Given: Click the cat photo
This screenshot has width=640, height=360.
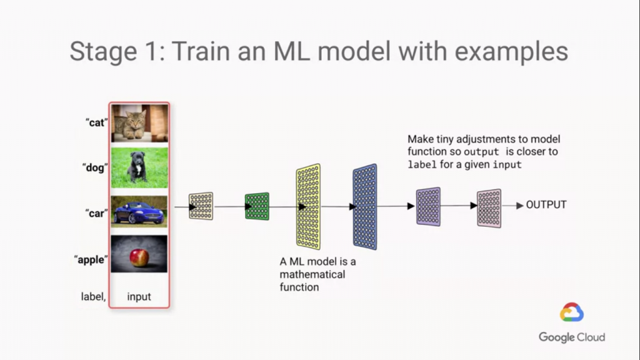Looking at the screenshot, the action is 139,123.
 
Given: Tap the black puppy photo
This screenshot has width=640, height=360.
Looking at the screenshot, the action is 139,167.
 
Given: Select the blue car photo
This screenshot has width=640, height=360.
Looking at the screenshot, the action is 139,212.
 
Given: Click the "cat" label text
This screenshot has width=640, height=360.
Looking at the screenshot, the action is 96,122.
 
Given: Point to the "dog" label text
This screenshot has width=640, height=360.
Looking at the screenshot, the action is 96,167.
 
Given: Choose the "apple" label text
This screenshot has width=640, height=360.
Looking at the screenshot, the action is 91,259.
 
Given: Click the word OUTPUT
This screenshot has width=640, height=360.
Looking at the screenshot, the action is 546,205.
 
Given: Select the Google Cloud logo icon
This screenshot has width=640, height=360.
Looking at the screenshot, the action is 572,312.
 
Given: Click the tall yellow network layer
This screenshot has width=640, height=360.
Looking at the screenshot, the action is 308,206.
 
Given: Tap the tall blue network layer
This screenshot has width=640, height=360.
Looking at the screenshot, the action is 365,206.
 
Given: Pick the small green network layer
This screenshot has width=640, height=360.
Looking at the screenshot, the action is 257,206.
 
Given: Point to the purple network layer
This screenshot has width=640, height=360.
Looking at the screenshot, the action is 428,206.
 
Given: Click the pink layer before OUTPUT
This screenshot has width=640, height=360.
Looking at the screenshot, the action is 489,207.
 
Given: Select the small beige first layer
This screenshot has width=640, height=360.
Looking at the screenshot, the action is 201,206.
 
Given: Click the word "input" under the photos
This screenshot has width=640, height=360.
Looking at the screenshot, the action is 139,297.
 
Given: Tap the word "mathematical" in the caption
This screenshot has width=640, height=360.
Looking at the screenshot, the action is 312,274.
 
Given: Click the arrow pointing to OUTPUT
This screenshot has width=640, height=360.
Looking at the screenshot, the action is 513,206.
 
